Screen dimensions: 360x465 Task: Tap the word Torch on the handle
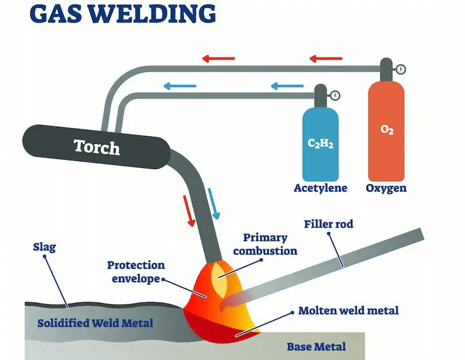[96, 146]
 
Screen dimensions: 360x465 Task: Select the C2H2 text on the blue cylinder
[320, 143]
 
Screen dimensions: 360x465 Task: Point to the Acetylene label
[320, 188]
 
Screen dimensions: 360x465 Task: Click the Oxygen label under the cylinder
[386, 188]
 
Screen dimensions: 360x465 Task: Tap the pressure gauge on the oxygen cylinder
[400, 70]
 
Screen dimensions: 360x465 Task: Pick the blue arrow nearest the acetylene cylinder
[287, 87]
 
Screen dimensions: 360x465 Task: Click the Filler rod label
[328, 224]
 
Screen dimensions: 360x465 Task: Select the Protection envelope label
[135, 272]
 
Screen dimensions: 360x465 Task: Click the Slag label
[45, 247]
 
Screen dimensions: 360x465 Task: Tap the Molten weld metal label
[348, 311]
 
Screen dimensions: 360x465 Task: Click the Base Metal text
[316, 347]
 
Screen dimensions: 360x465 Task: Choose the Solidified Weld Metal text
[95, 323]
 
